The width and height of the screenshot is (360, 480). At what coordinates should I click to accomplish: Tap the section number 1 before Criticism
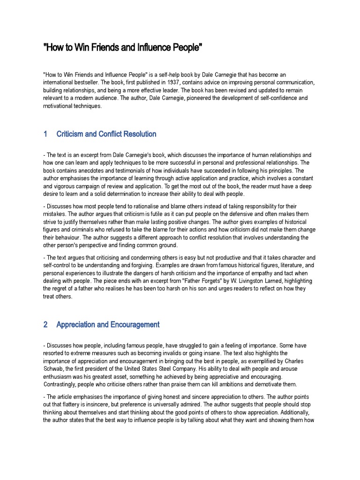45,134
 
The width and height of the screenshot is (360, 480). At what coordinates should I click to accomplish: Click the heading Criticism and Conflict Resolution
106,134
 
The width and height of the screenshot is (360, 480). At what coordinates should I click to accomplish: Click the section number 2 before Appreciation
45,324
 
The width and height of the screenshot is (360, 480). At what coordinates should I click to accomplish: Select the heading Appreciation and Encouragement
108,324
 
